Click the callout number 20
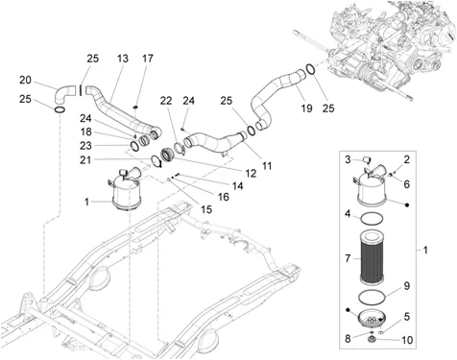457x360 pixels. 25,80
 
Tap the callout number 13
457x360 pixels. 123,59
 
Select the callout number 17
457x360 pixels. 148,59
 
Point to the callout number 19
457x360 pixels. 306,108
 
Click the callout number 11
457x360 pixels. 266,166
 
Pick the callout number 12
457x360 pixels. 251,174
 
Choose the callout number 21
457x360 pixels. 85,159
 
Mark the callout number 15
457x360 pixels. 206,209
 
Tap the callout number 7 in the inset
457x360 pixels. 348,258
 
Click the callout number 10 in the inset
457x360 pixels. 407,340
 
